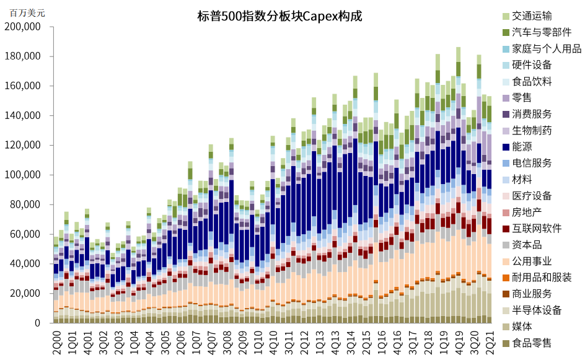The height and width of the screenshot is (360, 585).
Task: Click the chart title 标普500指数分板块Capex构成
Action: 278,17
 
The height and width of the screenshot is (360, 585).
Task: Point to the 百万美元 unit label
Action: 27,12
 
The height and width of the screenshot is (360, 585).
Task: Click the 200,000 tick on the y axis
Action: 22,27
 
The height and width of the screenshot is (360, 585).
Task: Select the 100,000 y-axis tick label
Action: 22,175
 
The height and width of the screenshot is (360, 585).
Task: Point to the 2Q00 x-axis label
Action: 57,341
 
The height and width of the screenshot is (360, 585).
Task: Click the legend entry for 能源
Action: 526,147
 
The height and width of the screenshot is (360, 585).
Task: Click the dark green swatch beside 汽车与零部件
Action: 506,32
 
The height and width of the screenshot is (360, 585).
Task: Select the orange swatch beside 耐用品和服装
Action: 506,278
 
